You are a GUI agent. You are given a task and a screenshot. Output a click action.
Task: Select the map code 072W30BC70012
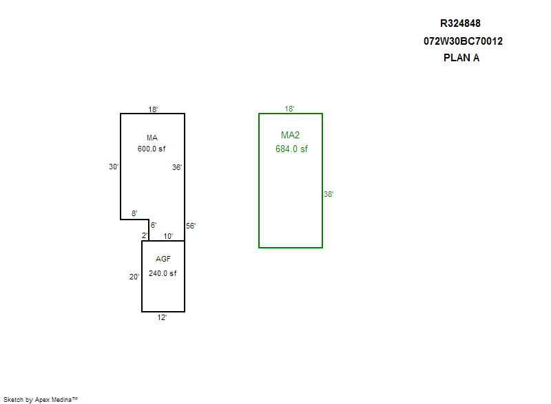tap(463, 41)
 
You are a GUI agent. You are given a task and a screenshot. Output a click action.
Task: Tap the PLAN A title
tap(461, 58)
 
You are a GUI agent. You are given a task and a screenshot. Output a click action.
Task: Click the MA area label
tap(152, 138)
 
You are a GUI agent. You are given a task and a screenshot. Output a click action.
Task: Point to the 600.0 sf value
tap(152, 149)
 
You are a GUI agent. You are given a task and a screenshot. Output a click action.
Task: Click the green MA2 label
tap(291, 135)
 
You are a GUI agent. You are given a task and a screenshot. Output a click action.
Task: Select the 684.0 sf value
tap(291, 149)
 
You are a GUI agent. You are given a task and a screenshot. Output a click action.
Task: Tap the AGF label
tap(163, 259)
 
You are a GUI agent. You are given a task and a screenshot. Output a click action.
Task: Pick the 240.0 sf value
tap(163, 273)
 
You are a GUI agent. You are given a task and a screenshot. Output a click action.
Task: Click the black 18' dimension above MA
tap(153, 109)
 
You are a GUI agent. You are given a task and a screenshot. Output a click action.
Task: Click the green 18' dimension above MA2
tap(290, 109)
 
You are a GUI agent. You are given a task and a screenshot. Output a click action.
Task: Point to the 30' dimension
tap(114, 167)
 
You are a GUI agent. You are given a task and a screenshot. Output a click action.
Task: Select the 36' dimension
tap(177, 167)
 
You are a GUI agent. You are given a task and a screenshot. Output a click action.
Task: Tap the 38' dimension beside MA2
tap(329, 194)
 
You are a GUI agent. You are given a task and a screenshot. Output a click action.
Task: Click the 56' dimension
tap(191, 226)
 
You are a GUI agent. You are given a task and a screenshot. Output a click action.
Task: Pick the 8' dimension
tap(134, 213)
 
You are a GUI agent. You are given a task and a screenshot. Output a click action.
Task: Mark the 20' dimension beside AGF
tap(134, 277)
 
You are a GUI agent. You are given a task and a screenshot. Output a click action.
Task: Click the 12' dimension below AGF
tap(162, 317)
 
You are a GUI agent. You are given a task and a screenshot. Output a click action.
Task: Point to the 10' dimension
tap(168, 236)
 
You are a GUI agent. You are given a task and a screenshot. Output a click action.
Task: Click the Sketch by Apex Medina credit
tap(40, 399)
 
